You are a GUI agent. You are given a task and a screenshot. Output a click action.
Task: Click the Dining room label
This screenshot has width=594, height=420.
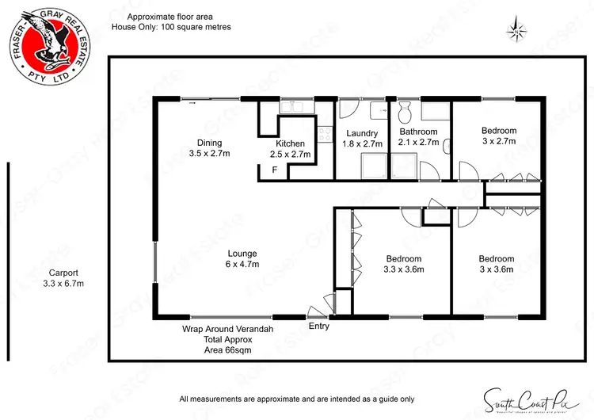(210, 148)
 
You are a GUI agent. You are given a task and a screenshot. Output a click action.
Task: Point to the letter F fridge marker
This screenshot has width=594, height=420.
(275, 170)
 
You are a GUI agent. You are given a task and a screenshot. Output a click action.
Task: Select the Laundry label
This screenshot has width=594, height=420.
(361, 139)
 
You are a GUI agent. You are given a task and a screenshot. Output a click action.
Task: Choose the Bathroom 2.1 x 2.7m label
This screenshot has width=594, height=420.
(418, 137)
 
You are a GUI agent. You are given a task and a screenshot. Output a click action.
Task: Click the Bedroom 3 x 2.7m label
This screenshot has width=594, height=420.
(498, 136)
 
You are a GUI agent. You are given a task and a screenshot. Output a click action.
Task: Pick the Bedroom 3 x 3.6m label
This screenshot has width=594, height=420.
(496, 264)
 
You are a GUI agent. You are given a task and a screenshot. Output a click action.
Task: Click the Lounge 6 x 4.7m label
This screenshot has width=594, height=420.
(244, 258)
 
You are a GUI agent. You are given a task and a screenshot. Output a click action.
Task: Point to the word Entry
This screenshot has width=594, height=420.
(318, 326)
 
